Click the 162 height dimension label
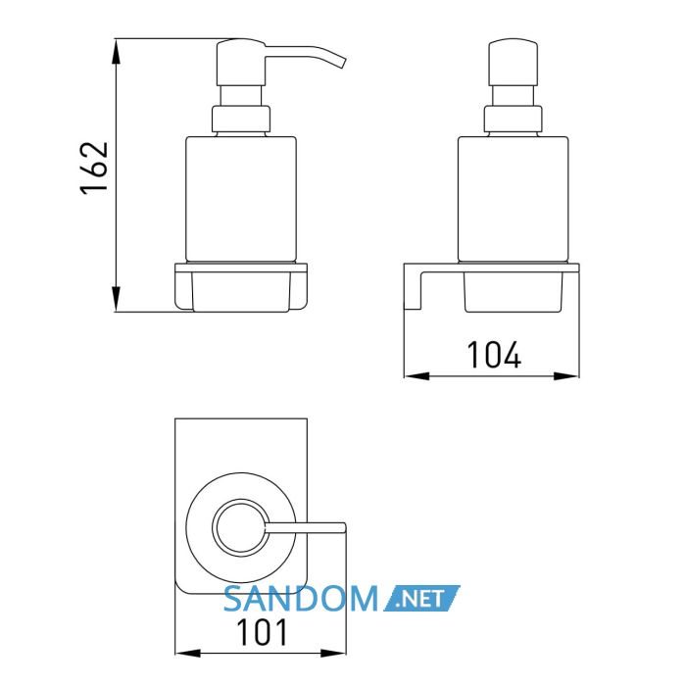[94, 168]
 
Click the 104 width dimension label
[494, 355]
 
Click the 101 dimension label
[262, 632]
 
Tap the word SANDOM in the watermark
[301, 599]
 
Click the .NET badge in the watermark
[421, 598]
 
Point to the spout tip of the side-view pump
[342, 63]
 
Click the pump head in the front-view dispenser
[513, 63]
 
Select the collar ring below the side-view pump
[241, 119]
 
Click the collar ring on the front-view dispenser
[514, 119]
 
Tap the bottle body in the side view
[241, 200]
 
